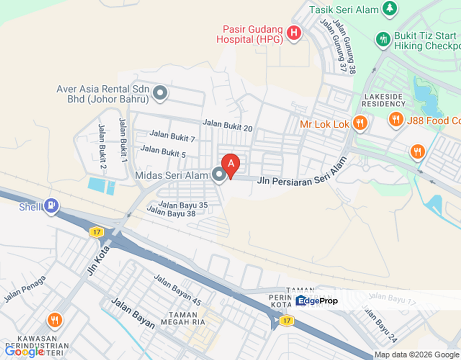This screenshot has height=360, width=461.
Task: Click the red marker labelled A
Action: coord(230,164)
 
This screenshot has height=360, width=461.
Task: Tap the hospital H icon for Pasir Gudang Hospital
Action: coord(294,33)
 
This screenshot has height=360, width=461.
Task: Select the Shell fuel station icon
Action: coord(51,205)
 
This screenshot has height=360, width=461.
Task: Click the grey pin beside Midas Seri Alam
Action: coord(218,175)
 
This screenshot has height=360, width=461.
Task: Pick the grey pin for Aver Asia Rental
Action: coord(160,92)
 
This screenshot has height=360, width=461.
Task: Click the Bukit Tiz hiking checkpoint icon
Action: coord(383,38)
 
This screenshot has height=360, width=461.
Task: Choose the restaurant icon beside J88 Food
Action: coord(396,119)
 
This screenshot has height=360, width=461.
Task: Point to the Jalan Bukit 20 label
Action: coord(227,125)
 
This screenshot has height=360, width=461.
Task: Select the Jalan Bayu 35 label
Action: coord(183,204)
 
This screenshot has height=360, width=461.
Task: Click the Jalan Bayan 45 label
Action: coord(177,290)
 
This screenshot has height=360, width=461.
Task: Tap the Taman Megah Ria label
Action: coord(187,318)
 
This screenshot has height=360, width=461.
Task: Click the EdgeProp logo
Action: coord(317,300)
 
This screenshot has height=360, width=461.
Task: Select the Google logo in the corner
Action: coord(24,351)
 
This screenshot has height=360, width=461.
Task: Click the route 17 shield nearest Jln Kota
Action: coord(96,231)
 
